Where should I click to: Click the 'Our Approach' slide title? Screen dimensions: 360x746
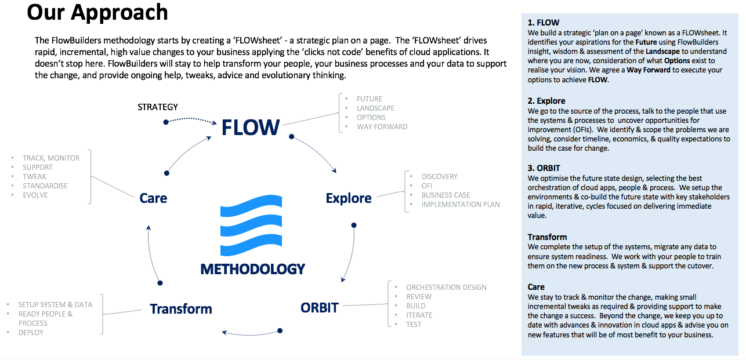97,12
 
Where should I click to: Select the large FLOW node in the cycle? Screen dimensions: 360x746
251,128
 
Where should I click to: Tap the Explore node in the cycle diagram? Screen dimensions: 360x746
348,198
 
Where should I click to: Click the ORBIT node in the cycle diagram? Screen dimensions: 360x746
319,307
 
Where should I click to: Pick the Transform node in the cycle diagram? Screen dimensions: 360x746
180,309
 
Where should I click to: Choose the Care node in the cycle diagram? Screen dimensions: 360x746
153,198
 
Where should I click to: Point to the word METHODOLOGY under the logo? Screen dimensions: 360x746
252,269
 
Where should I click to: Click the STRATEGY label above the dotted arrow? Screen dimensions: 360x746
158,107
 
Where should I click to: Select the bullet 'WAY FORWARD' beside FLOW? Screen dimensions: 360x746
382,126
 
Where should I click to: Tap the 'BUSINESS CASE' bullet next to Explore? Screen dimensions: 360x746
446,195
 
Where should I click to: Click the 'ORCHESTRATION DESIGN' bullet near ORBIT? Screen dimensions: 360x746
446,287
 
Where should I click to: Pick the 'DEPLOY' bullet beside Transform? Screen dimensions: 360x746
31,332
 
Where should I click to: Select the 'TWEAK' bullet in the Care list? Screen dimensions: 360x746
34,176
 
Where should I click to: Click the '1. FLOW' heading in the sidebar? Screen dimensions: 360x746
543,23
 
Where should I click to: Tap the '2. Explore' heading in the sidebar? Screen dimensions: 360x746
546,101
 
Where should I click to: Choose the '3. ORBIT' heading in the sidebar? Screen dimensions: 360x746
544,169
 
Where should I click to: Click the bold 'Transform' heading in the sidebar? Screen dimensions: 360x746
547,237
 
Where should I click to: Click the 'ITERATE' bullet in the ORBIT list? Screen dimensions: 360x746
419,315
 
